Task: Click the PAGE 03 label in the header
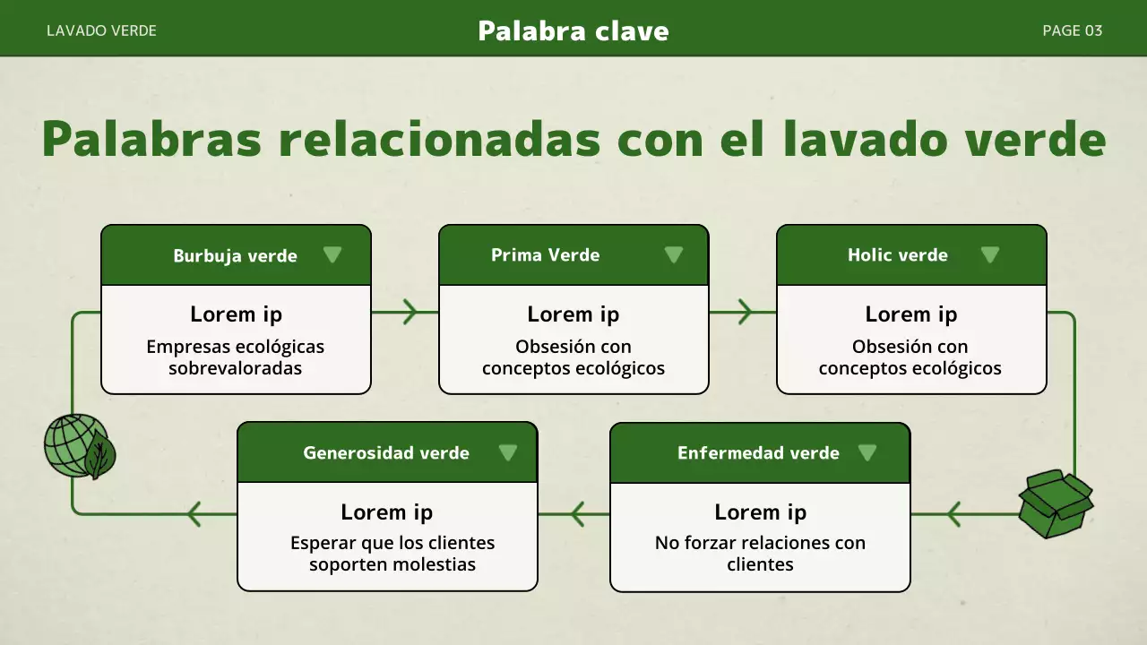pos(1072,30)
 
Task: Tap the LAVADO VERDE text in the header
pos(101,30)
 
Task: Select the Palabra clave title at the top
pos(573,31)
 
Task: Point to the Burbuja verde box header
pos(235,256)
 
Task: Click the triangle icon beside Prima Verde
pos(674,255)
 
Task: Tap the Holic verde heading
pos(897,255)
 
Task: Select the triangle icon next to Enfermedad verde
pos(867,452)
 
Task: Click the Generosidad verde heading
pos(386,453)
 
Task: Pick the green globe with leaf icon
pos(78,446)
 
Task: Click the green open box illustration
pos(1056,503)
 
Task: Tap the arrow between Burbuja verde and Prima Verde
pos(409,312)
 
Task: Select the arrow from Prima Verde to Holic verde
pos(745,312)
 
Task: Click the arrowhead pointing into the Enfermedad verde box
pos(952,514)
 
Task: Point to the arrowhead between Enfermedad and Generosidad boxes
pos(577,514)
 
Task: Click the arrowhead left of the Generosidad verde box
pos(194,514)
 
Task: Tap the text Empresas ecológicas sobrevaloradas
pos(236,357)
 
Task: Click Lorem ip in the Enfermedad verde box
pos(760,512)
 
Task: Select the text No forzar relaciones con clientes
pos(760,553)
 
